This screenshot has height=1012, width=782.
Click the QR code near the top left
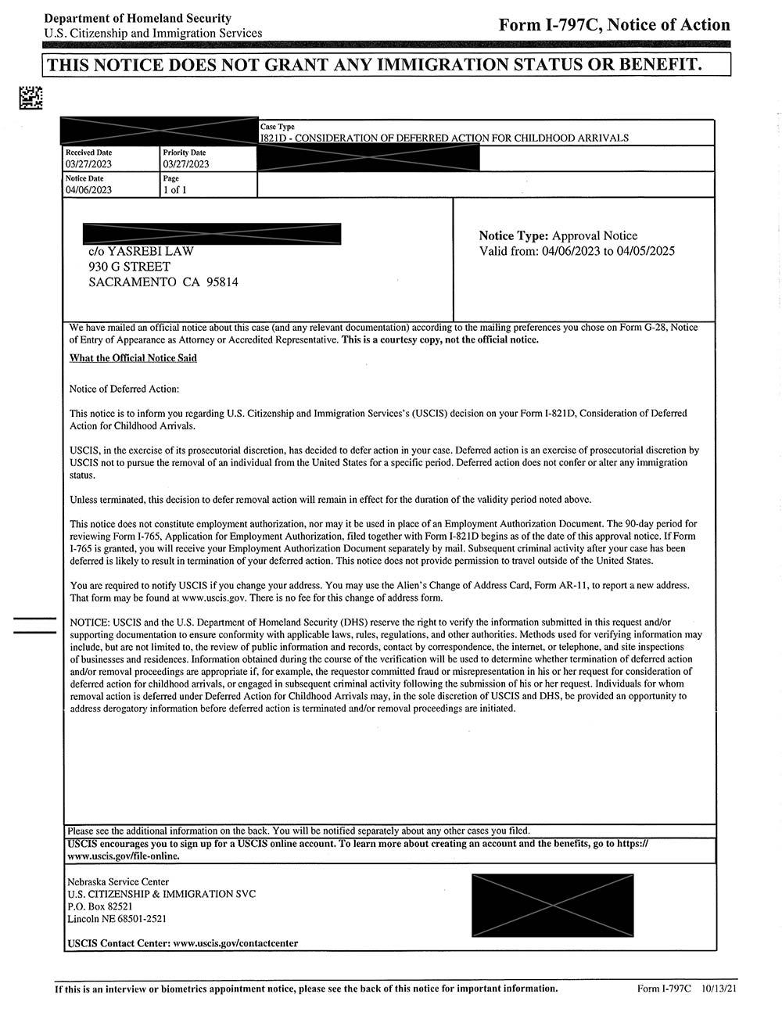click(30, 98)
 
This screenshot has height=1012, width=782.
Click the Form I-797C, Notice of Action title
click(614, 25)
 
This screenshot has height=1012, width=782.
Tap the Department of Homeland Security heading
click(138, 18)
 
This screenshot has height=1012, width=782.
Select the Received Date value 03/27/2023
click(89, 164)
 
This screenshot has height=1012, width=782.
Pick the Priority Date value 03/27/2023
click(186, 164)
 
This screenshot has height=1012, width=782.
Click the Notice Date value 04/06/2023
click(89, 190)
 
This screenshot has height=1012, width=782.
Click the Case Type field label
click(278, 127)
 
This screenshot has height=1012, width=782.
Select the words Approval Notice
click(594, 235)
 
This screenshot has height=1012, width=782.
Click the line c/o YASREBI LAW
click(141, 251)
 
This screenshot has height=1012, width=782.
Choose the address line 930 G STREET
click(129, 267)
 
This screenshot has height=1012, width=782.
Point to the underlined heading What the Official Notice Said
click(133, 358)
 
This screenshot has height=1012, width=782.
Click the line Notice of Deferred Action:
click(124, 389)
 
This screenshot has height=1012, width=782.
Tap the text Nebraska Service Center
click(118, 882)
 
